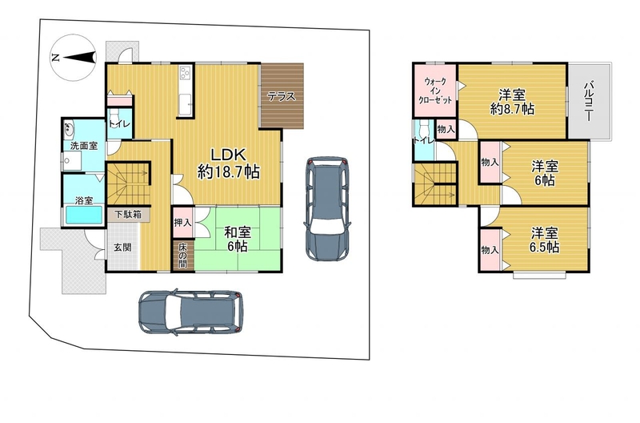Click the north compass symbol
(74, 57)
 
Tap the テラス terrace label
(282, 97)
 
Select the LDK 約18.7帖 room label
(228, 163)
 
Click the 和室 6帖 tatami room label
(237, 239)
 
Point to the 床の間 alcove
(182, 256)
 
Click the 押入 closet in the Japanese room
(182, 223)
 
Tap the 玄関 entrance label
(122, 248)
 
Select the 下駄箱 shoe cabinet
(128, 214)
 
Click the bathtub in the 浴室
(84, 215)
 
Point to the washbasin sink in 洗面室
(69, 129)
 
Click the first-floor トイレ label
(119, 123)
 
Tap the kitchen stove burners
(186, 74)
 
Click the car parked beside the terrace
(327, 208)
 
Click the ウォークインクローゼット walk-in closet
(435, 90)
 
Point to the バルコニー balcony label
(589, 102)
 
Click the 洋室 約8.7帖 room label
(512, 102)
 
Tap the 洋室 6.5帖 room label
(545, 240)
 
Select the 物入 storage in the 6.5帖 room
(490, 249)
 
